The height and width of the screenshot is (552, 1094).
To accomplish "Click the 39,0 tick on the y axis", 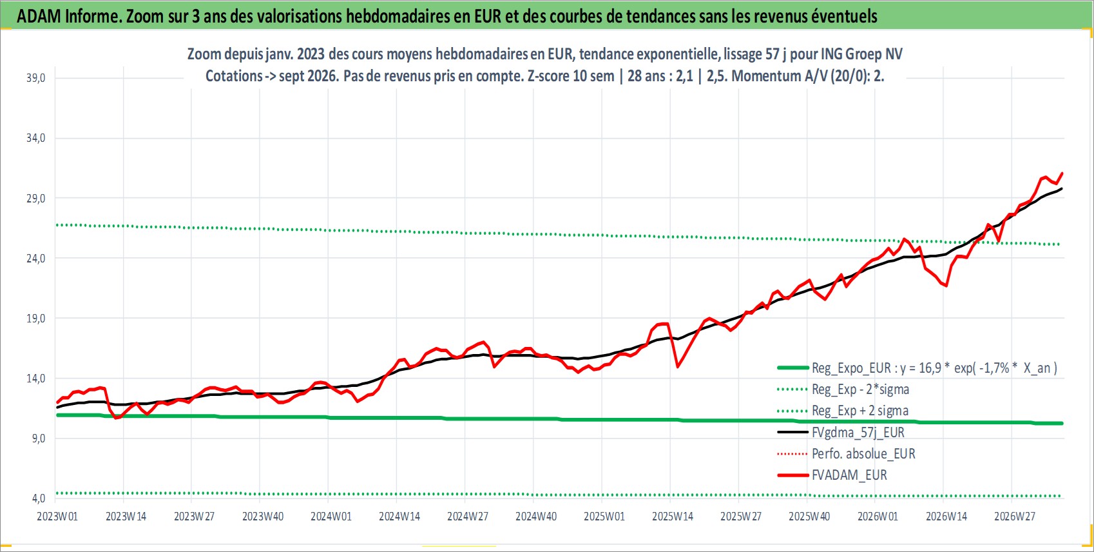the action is point(35,78).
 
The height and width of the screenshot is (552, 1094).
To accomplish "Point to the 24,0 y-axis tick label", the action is point(35,258).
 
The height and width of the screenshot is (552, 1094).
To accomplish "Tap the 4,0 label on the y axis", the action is point(39,498).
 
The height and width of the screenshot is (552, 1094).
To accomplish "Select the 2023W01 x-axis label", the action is point(57,517).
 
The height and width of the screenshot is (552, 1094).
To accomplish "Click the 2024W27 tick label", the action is point(467,517).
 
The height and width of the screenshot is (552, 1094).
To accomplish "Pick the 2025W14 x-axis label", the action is point(673,517).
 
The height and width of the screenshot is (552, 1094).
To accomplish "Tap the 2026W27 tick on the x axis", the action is point(1014,517).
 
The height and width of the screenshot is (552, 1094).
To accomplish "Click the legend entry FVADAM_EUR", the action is point(849,475).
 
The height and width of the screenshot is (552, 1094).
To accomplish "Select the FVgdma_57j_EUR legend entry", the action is point(858,433).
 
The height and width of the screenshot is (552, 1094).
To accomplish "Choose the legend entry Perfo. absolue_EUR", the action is point(863,454).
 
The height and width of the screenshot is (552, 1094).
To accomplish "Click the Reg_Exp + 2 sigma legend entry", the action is point(860,411).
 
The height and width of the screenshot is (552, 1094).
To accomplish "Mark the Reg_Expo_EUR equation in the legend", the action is point(934,368).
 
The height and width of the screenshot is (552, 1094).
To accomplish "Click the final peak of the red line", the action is point(1062,173).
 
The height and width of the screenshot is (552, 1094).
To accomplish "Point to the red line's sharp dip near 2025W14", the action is point(677,367).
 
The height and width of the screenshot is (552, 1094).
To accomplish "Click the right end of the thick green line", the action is point(1062,424).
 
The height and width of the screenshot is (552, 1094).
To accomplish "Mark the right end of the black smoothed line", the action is point(1062,189).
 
